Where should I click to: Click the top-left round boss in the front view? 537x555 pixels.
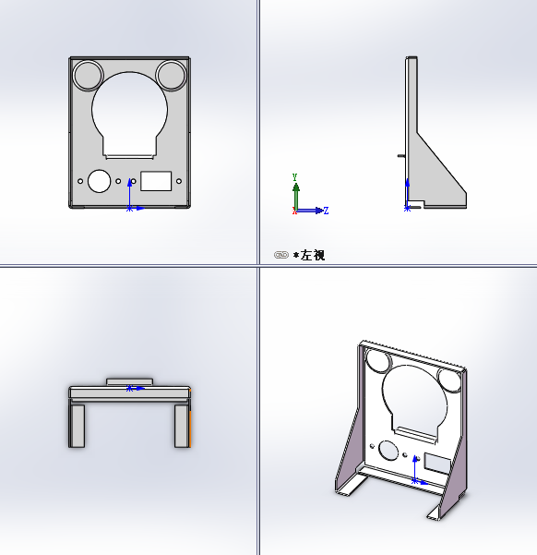88,73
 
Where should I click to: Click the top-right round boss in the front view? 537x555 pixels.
171,73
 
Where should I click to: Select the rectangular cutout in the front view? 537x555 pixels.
156,179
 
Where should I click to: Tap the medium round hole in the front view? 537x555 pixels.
100,180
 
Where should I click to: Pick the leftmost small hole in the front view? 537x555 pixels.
81,181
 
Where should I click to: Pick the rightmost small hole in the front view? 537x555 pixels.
179,181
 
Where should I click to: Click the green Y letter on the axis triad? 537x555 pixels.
294,175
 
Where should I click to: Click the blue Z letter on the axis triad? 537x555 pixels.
326,211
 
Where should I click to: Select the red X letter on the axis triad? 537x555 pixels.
293,211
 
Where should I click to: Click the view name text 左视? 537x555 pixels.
312,255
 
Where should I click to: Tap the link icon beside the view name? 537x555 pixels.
281,255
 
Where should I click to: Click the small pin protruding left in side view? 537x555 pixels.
400,156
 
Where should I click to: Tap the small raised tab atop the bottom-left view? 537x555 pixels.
129,380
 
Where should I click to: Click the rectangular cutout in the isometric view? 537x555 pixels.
435,461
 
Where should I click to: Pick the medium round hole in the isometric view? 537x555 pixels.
388,450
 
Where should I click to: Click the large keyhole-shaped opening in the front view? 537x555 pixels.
129,111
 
